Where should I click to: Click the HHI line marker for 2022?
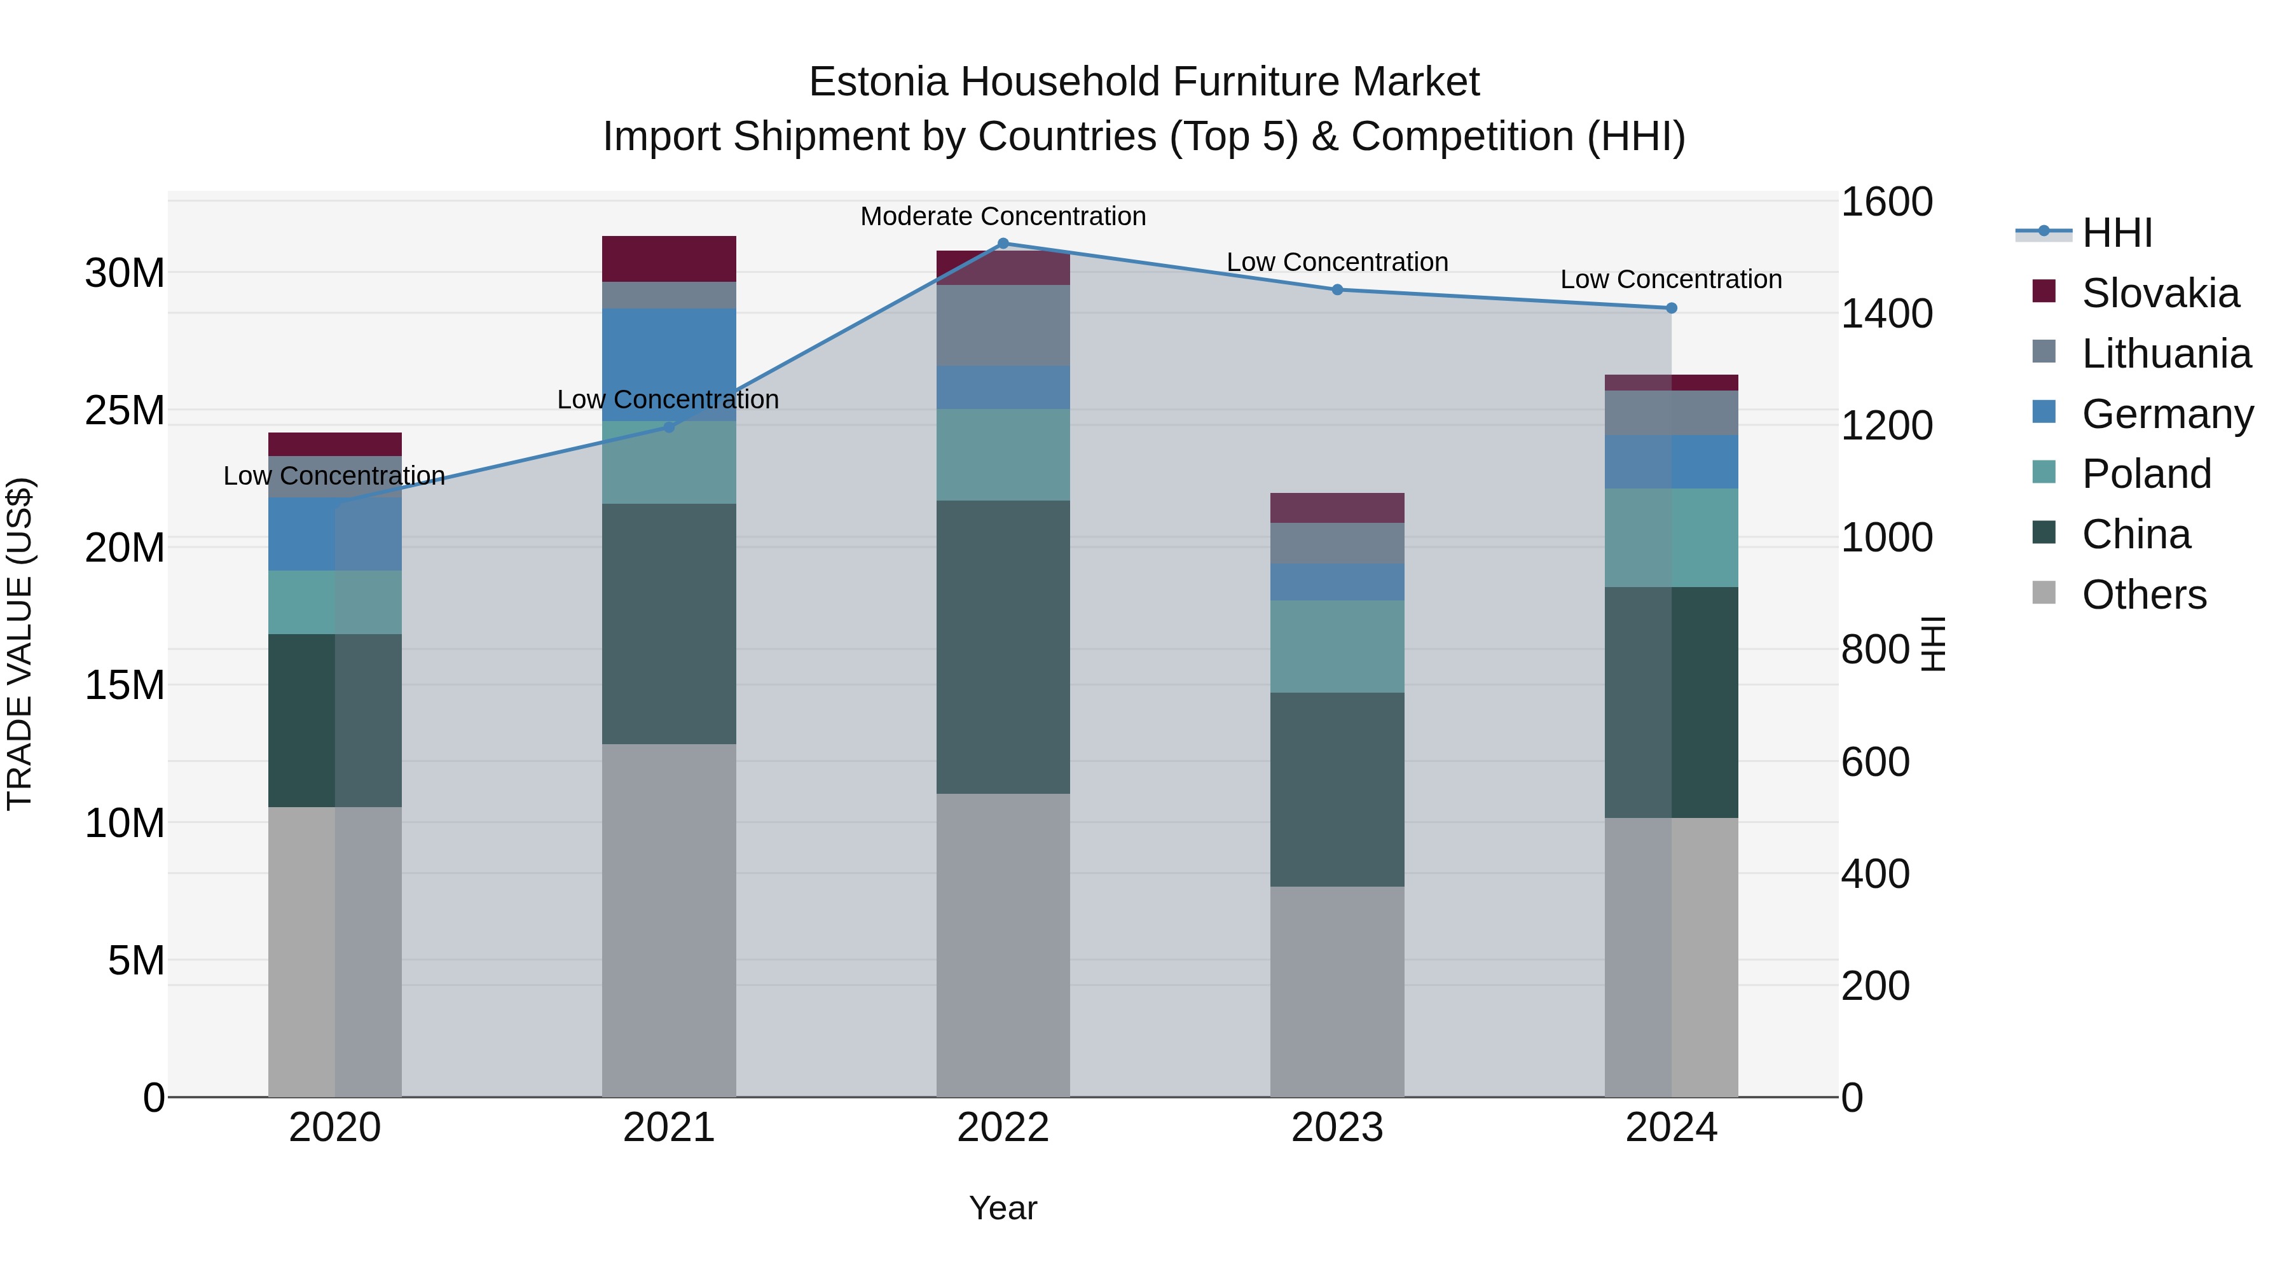click(1003, 243)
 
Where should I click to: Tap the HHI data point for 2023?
click(1337, 290)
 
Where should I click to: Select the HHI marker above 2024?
click(1672, 308)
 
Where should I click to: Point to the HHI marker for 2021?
click(669, 427)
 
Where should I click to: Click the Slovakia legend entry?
click(2159, 293)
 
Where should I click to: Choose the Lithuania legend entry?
click(2166, 354)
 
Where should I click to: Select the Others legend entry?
click(2143, 595)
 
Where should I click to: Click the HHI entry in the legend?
click(2117, 233)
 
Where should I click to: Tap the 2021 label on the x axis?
click(669, 1128)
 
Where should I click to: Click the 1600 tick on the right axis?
click(1886, 202)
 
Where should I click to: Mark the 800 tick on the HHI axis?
click(1875, 650)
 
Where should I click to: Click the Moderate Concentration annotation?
click(1003, 216)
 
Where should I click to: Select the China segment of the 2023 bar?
click(1337, 789)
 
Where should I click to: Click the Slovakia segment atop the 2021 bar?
click(669, 259)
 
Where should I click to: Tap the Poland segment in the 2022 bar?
click(1003, 454)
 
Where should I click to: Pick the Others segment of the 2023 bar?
click(1337, 991)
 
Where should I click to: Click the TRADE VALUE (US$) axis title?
click(20, 644)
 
